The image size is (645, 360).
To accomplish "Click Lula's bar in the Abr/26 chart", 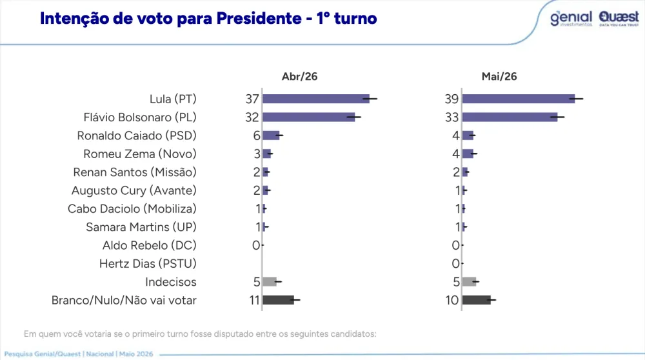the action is (x=316, y=99).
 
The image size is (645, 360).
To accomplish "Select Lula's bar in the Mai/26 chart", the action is (x=519, y=99).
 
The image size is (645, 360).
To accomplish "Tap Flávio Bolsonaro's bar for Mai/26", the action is (x=510, y=117).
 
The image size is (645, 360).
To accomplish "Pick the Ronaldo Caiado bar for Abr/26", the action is (x=271, y=135).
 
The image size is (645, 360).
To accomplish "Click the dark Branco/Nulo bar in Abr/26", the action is (x=279, y=300).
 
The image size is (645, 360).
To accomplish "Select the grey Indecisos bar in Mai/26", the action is (x=470, y=282).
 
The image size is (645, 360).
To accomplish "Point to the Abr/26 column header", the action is (x=299, y=77).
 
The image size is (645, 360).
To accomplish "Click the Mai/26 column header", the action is (x=499, y=77).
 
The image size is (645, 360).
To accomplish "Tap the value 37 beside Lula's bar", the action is (x=252, y=99).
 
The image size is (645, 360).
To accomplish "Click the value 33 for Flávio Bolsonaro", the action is (x=451, y=117).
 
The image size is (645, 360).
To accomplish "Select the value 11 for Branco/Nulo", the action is (x=254, y=301).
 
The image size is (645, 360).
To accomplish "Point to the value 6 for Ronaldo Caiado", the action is (x=257, y=135).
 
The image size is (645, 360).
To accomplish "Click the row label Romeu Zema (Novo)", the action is (x=140, y=154).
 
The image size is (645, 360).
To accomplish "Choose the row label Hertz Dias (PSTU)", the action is (x=148, y=264).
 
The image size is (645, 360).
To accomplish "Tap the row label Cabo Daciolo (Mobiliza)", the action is (x=132, y=209).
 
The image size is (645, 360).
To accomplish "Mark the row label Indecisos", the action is (x=171, y=282).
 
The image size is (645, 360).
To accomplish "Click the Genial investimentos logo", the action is (x=571, y=19).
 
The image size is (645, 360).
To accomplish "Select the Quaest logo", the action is (x=619, y=19).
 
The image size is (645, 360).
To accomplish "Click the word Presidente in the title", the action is (x=259, y=19).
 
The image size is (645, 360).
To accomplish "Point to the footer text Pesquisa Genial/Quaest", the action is (x=43, y=354).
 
